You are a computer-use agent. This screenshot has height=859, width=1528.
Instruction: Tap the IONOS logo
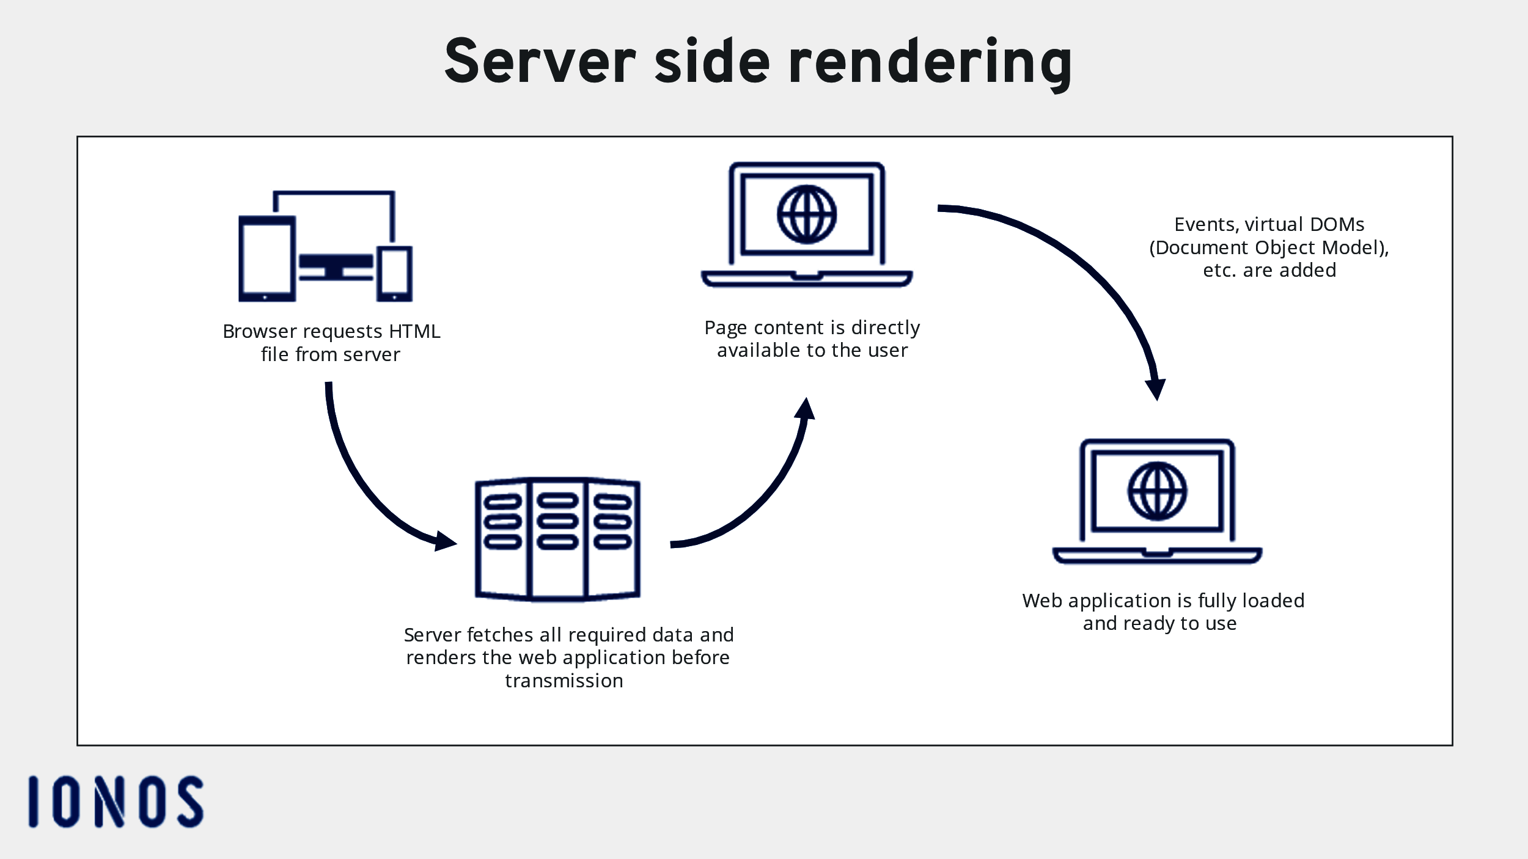116,802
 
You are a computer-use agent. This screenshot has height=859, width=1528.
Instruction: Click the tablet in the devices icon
267,258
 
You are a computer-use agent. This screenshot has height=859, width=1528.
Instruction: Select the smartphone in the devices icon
394,273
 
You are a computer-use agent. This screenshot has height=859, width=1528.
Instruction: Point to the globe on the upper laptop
807,214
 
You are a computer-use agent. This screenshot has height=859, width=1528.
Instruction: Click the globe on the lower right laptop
1157,491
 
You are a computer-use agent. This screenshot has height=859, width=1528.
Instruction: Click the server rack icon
557,539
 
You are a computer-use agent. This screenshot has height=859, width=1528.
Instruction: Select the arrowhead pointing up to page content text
806,409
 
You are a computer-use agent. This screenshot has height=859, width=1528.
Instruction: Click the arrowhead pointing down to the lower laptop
1156,389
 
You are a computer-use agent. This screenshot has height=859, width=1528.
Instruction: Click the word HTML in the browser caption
414,331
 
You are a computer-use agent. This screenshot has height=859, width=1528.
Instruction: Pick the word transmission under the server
564,681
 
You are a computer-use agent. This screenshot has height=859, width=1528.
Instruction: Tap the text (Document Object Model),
1269,247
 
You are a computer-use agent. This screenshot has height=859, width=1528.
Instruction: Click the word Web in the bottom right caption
1042,601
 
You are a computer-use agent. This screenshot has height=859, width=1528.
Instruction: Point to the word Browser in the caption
260,331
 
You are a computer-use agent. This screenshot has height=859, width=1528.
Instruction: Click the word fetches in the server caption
500,635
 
